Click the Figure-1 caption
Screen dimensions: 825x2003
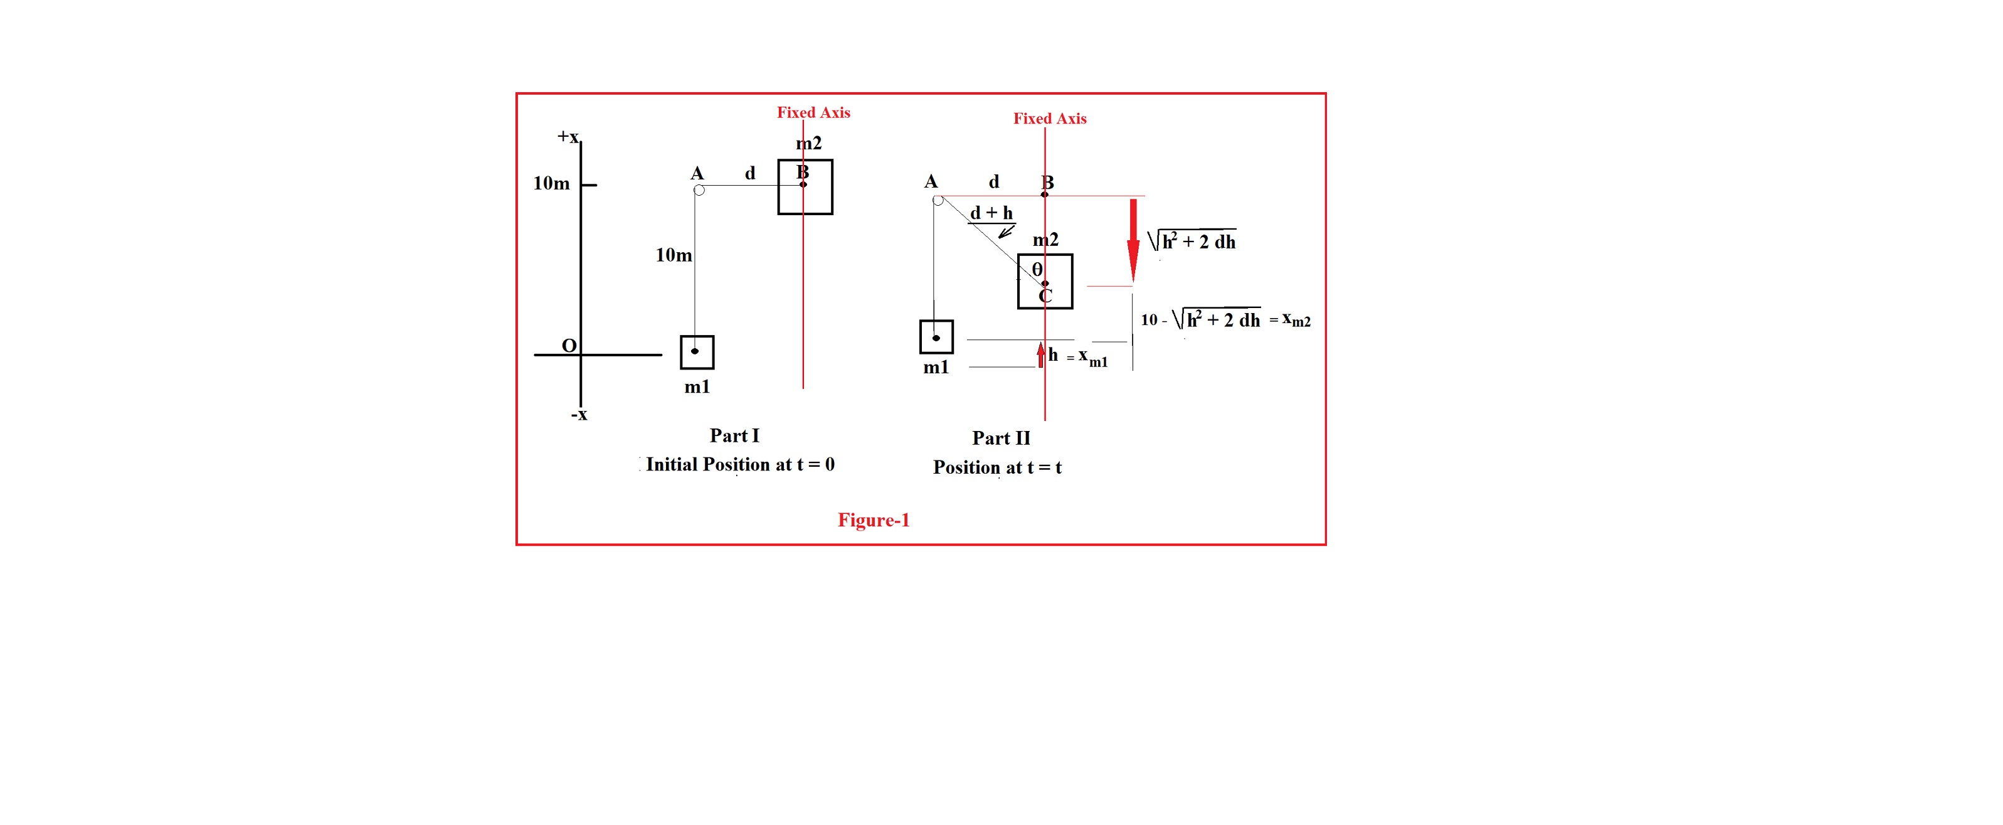(873, 520)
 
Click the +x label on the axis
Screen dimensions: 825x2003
(568, 137)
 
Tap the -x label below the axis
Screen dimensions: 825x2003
(578, 415)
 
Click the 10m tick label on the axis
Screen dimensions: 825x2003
(551, 183)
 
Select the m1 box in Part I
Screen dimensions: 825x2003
(697, 351)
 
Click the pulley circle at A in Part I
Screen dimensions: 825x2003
(699, 189)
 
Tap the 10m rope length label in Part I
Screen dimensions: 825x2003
(674, 255)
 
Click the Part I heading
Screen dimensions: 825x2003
(734, 435)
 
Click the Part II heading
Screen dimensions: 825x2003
(1001, 439)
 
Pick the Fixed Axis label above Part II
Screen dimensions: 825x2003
(1049, 118)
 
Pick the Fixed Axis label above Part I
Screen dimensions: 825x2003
(813, 113)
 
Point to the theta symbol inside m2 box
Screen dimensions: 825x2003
(1037, 269)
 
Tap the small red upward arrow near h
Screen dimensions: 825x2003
(1040, 355)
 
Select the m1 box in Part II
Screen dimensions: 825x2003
(936, 337)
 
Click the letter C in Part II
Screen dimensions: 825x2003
(1045, 297)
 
